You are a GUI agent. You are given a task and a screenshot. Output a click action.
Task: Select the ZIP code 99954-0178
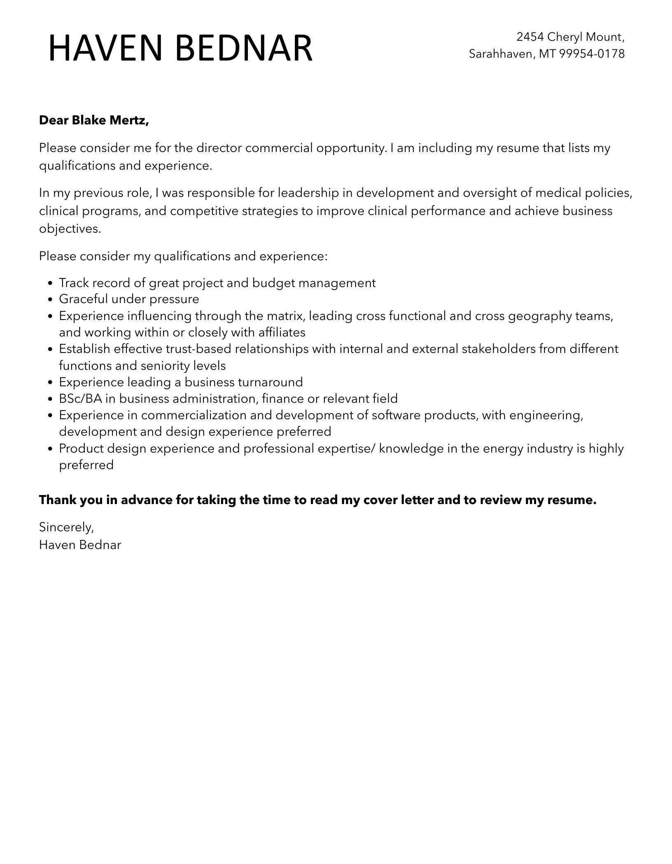click(592, 54)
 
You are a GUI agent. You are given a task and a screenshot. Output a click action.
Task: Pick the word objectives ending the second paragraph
click(70, 229)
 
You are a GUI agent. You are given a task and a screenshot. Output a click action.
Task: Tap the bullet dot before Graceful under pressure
click(50, 300)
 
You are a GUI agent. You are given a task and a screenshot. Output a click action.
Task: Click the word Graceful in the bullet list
click(84, 299)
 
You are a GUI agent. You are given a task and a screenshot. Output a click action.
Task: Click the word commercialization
click(194, 415)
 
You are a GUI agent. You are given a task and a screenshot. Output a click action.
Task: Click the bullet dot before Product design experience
click(50, 449)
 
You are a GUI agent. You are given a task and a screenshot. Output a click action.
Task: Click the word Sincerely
click(66, 527)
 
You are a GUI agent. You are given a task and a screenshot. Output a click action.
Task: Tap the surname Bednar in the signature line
click(100, 545)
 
